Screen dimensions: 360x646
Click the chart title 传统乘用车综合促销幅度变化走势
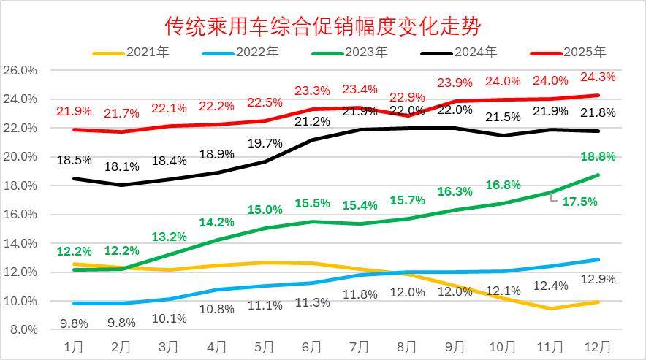(x=323, y=26)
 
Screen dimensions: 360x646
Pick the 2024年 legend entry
(x=476, y=53)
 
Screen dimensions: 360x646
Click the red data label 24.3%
(x=597, y=77)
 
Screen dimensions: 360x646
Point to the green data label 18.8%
(x=597, y=156)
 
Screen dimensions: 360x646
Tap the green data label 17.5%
(x=579, y=202)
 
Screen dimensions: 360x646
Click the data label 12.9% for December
(x=597, y=279)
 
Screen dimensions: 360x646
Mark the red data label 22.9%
(x=407, y=97)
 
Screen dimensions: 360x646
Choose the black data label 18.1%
(x=121, y=166)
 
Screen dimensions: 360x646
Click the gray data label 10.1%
(x=169, y=318)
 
